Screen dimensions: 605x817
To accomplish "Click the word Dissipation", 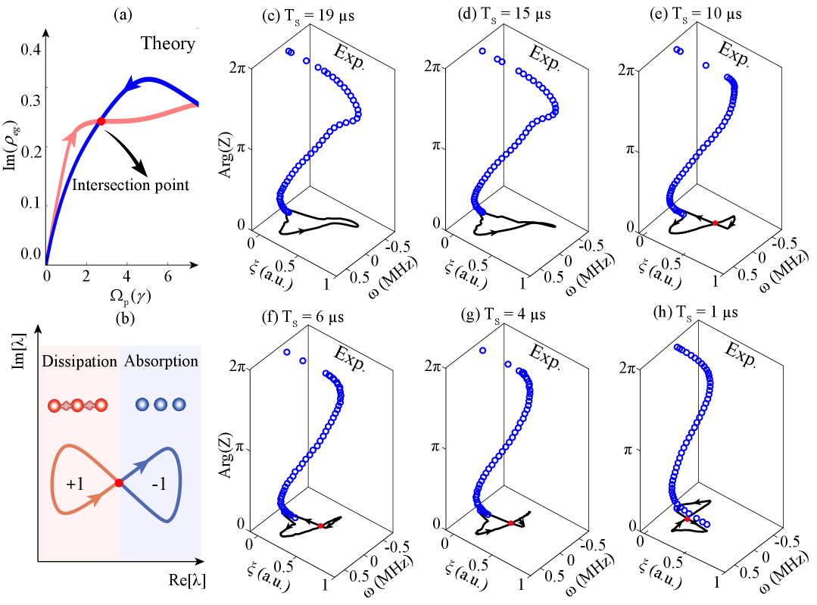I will (x=80, y=361).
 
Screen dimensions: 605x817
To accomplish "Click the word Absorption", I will (x=161, y=361).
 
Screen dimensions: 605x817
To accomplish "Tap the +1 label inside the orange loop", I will (x=75, y=485).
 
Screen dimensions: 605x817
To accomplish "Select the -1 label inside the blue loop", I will (x=159, y=485).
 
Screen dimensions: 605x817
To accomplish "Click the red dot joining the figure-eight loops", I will (x=119, y=483).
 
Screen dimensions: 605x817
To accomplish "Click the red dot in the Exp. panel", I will (x=715, y=223).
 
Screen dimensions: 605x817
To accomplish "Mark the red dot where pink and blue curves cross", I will (x=101, y=121).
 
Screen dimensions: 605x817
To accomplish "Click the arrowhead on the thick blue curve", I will (x=133, y=82).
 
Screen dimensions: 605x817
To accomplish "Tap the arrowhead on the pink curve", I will (x=72, y=136).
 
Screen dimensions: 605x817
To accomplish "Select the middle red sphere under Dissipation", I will (x=76, y=405).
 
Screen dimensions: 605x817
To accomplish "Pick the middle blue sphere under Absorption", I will (x=160, y=405).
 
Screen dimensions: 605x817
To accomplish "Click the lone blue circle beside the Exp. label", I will (x=706, y=66).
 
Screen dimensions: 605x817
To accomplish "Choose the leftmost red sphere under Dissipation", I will (x=54, y=405).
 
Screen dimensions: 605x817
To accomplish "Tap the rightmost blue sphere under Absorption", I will (x=179, y=405).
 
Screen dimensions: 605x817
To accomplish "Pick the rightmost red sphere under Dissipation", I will (x=100, y=405).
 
